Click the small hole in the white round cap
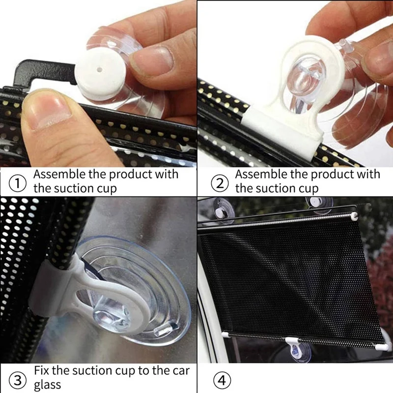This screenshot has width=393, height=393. (x=101, y=70)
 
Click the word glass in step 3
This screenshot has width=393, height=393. (x=49, y=384)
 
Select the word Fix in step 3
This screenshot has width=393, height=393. (x=42, y=370)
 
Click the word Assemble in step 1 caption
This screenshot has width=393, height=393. (x=57, y=175)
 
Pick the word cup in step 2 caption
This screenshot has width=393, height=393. (x=307, y=189)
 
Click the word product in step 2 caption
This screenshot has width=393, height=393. (x=324, y=175)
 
